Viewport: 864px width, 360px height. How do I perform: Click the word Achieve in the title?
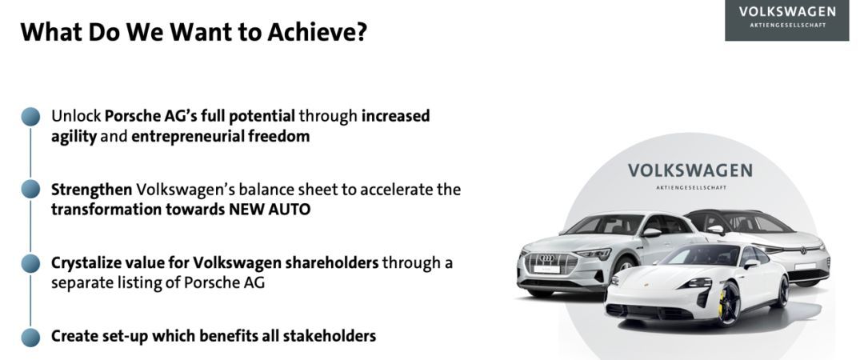click(318, 32)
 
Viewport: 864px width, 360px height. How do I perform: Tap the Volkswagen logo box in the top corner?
click(787, 20)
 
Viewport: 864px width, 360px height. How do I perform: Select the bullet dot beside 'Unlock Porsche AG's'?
click(31, 117)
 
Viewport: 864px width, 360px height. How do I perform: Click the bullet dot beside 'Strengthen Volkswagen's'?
click(31, 189)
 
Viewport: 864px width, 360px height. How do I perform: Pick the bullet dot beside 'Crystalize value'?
click(31, 263)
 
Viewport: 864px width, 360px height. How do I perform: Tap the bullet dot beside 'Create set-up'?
click(31, 338)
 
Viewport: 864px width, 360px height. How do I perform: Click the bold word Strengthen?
click(91, 190)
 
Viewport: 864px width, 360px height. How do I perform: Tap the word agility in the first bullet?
click(74, 137)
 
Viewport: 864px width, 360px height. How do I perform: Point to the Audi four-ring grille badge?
click(546, 258)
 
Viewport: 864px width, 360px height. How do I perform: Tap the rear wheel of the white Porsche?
click(782, 293)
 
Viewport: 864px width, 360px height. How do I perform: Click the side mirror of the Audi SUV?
click(651, 232)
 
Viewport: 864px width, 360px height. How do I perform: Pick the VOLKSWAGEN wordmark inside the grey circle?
click(690, 170)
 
